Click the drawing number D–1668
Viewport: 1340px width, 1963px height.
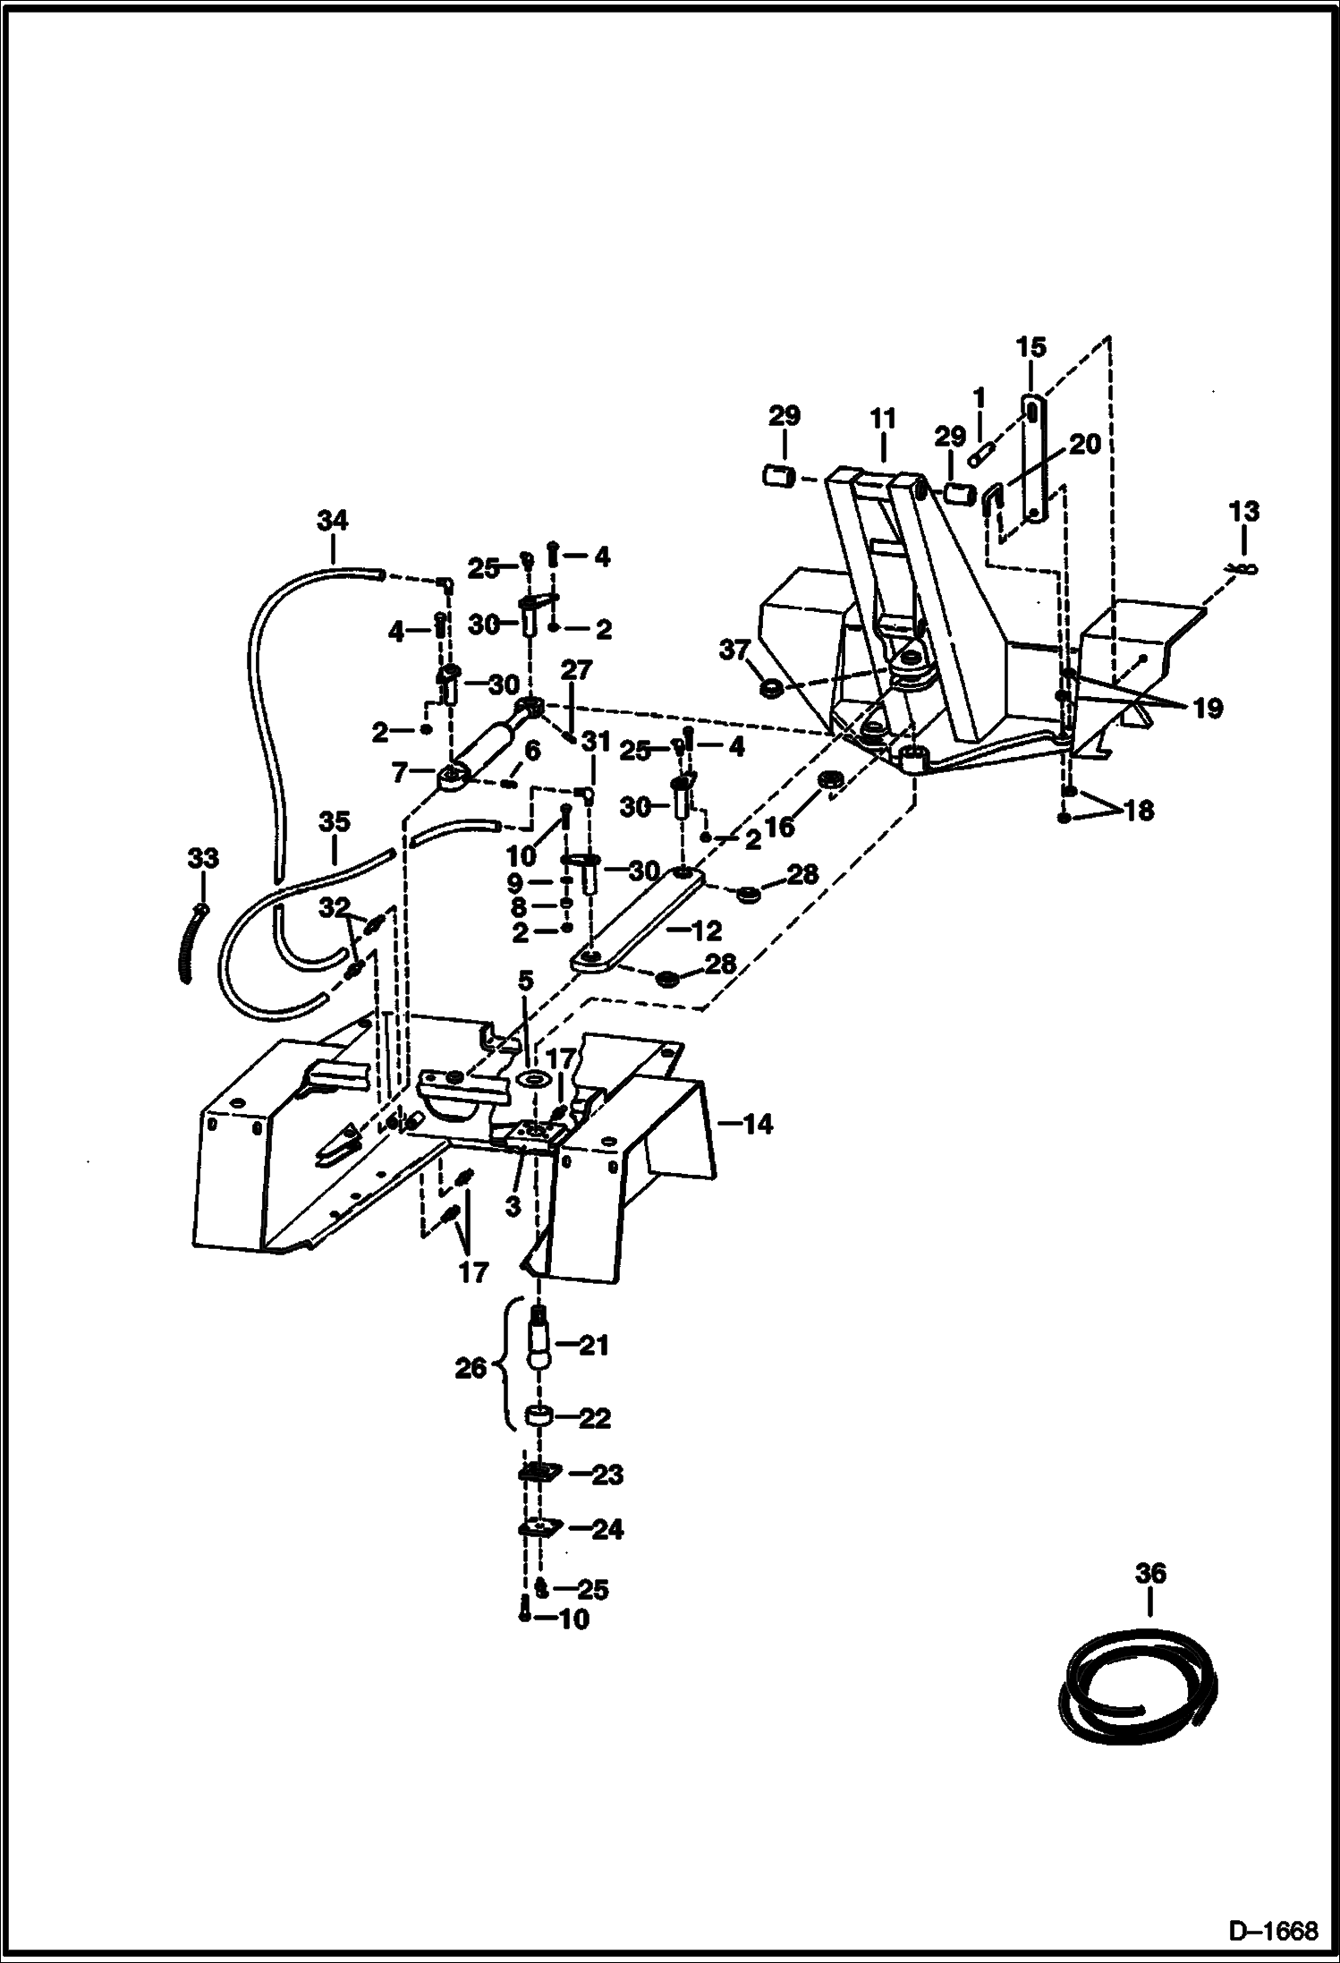tap(1273, 1931)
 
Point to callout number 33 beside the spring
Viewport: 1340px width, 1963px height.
tap(203, 859)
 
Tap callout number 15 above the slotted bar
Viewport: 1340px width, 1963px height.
tap(1030, 347)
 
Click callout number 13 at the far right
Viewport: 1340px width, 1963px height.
tap(1244, 513)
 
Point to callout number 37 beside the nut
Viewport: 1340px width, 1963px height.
tap(734, 650)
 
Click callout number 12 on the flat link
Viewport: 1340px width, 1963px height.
tap(707, 931)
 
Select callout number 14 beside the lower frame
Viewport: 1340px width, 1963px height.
tap(757, 1125)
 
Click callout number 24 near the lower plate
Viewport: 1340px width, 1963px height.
tap(607, 1530)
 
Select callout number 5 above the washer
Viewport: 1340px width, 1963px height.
tap(525, 982)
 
